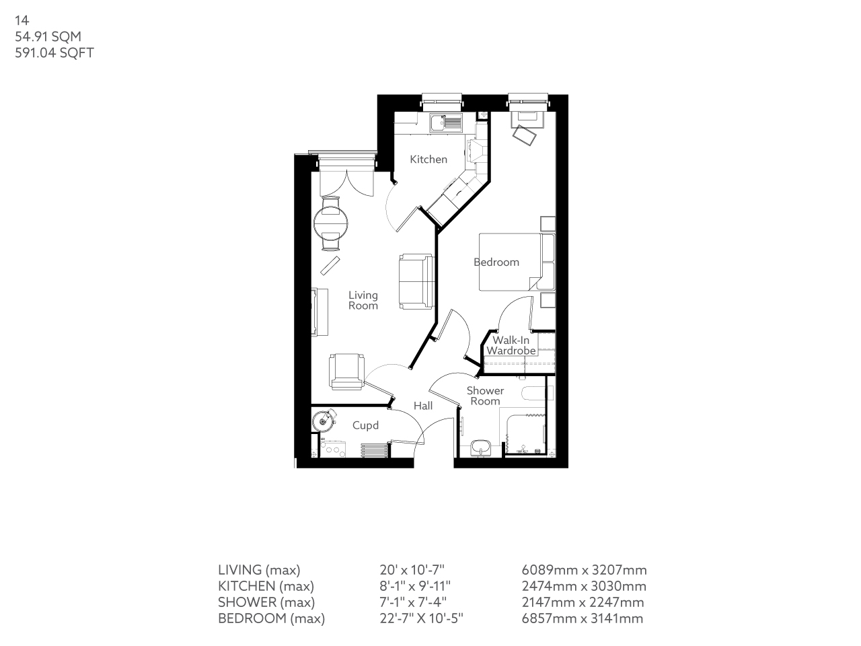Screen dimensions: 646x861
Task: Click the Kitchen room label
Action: [x=428, y=159]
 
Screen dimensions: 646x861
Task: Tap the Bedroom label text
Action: [x=496, y=262]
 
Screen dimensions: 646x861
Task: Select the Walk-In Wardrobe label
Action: [x=511, y=346]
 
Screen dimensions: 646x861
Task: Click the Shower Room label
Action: [x=485, y=396]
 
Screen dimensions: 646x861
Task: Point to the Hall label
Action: [x=423, y=406]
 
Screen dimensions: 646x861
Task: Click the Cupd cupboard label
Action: [x=365, y=425]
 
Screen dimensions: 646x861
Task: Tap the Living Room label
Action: [x=363, y=300]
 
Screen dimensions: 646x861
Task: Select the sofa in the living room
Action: [x=415, y=281]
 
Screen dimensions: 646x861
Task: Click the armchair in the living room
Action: [x=346, y=371]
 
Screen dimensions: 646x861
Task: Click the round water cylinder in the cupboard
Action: [x=324, y=421]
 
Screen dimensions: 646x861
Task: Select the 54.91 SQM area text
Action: [x=48, y=37]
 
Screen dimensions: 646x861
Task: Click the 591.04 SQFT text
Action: [x=54, y=52]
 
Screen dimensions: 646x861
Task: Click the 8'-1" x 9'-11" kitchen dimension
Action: [x=414, y=586]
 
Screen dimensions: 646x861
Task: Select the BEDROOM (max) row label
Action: [x=271, y=618]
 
